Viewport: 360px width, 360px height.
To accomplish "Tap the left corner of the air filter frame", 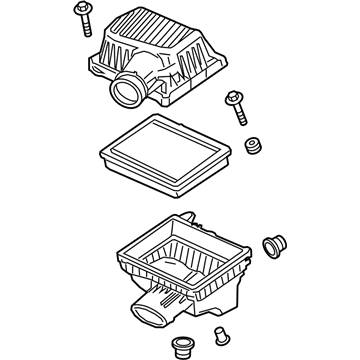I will (100, 150).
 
